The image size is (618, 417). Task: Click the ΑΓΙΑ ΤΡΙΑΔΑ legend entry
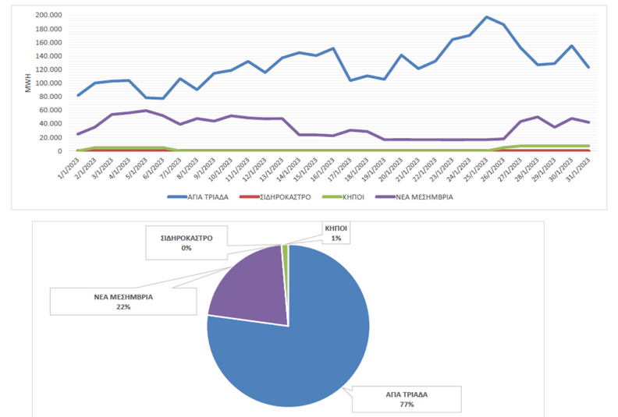[x=198, y=197]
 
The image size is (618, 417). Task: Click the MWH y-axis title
[x=28, y=83]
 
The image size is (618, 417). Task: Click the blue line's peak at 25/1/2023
[x=486, y=17]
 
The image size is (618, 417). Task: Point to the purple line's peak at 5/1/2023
[x=146, y=111]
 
